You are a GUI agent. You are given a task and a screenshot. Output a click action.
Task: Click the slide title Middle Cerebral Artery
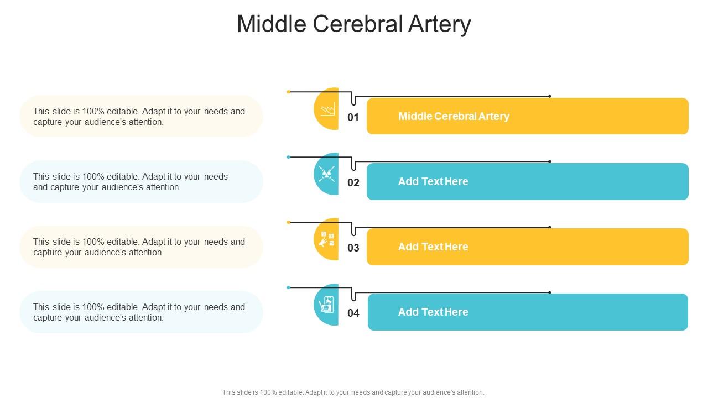pos(354,24)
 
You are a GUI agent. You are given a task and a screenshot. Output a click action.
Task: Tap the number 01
pos(353,117)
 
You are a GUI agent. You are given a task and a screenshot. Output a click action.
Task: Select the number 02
pos(353,182)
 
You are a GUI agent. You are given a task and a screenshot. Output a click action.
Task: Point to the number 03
pos(353,248)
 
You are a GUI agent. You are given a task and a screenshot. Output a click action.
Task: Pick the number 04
pos(353,313)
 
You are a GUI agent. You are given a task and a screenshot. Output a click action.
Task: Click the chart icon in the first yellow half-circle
pos(328,109)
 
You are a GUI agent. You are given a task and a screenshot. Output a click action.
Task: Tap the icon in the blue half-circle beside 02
pos(327,174)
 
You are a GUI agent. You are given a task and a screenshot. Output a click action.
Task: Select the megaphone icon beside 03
pos(327,239)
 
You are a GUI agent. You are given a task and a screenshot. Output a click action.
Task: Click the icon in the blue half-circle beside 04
pos(327,305)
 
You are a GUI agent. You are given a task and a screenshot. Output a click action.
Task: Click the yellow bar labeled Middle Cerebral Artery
pos(527,116)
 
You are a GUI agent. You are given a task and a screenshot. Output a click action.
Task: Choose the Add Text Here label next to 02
pos(433,181)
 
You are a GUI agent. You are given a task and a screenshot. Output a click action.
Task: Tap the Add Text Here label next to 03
pos(433,247)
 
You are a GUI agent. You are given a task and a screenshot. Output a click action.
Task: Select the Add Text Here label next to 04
pos(433,312)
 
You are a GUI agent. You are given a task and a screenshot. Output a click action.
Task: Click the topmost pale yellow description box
pos(141,116)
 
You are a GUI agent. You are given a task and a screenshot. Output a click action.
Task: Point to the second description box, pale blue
pos(141,181)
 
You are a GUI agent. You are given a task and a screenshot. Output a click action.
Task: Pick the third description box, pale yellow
pos(141,247)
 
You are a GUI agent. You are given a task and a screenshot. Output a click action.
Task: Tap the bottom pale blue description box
pos(141,312)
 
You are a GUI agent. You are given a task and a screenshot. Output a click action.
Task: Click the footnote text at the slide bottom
pos(353,392)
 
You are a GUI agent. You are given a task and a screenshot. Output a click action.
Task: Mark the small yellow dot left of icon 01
pos(289,92)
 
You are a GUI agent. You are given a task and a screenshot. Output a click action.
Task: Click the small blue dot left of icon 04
pos(289,287)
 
